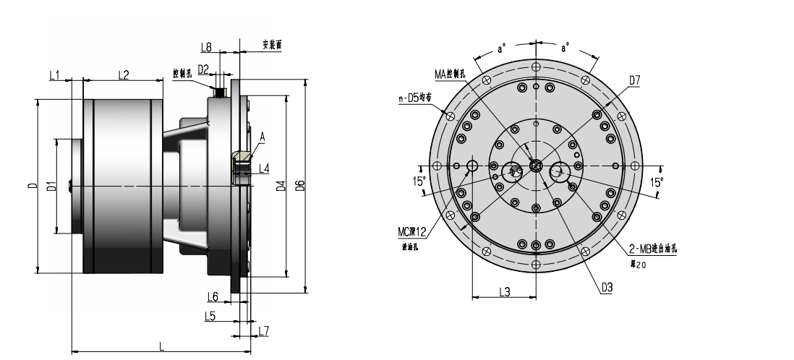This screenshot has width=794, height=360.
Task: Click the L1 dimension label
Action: [x=55, y=75]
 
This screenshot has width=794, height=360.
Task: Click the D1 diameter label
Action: [x=51, y=187]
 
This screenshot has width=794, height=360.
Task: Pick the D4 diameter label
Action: [x=281, y=187]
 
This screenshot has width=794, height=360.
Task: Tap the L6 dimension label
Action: [x=213, y=296]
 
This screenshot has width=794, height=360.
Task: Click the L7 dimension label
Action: [x=263, y=330]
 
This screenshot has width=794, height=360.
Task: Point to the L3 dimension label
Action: [x=504, y=291]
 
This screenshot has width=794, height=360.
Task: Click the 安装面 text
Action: [x=271, y=45]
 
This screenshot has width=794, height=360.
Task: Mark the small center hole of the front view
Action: [x=536, y=166]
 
